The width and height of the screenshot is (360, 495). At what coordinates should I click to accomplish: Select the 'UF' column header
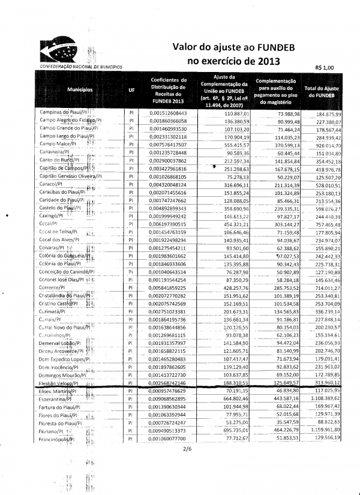coord(131,92)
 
